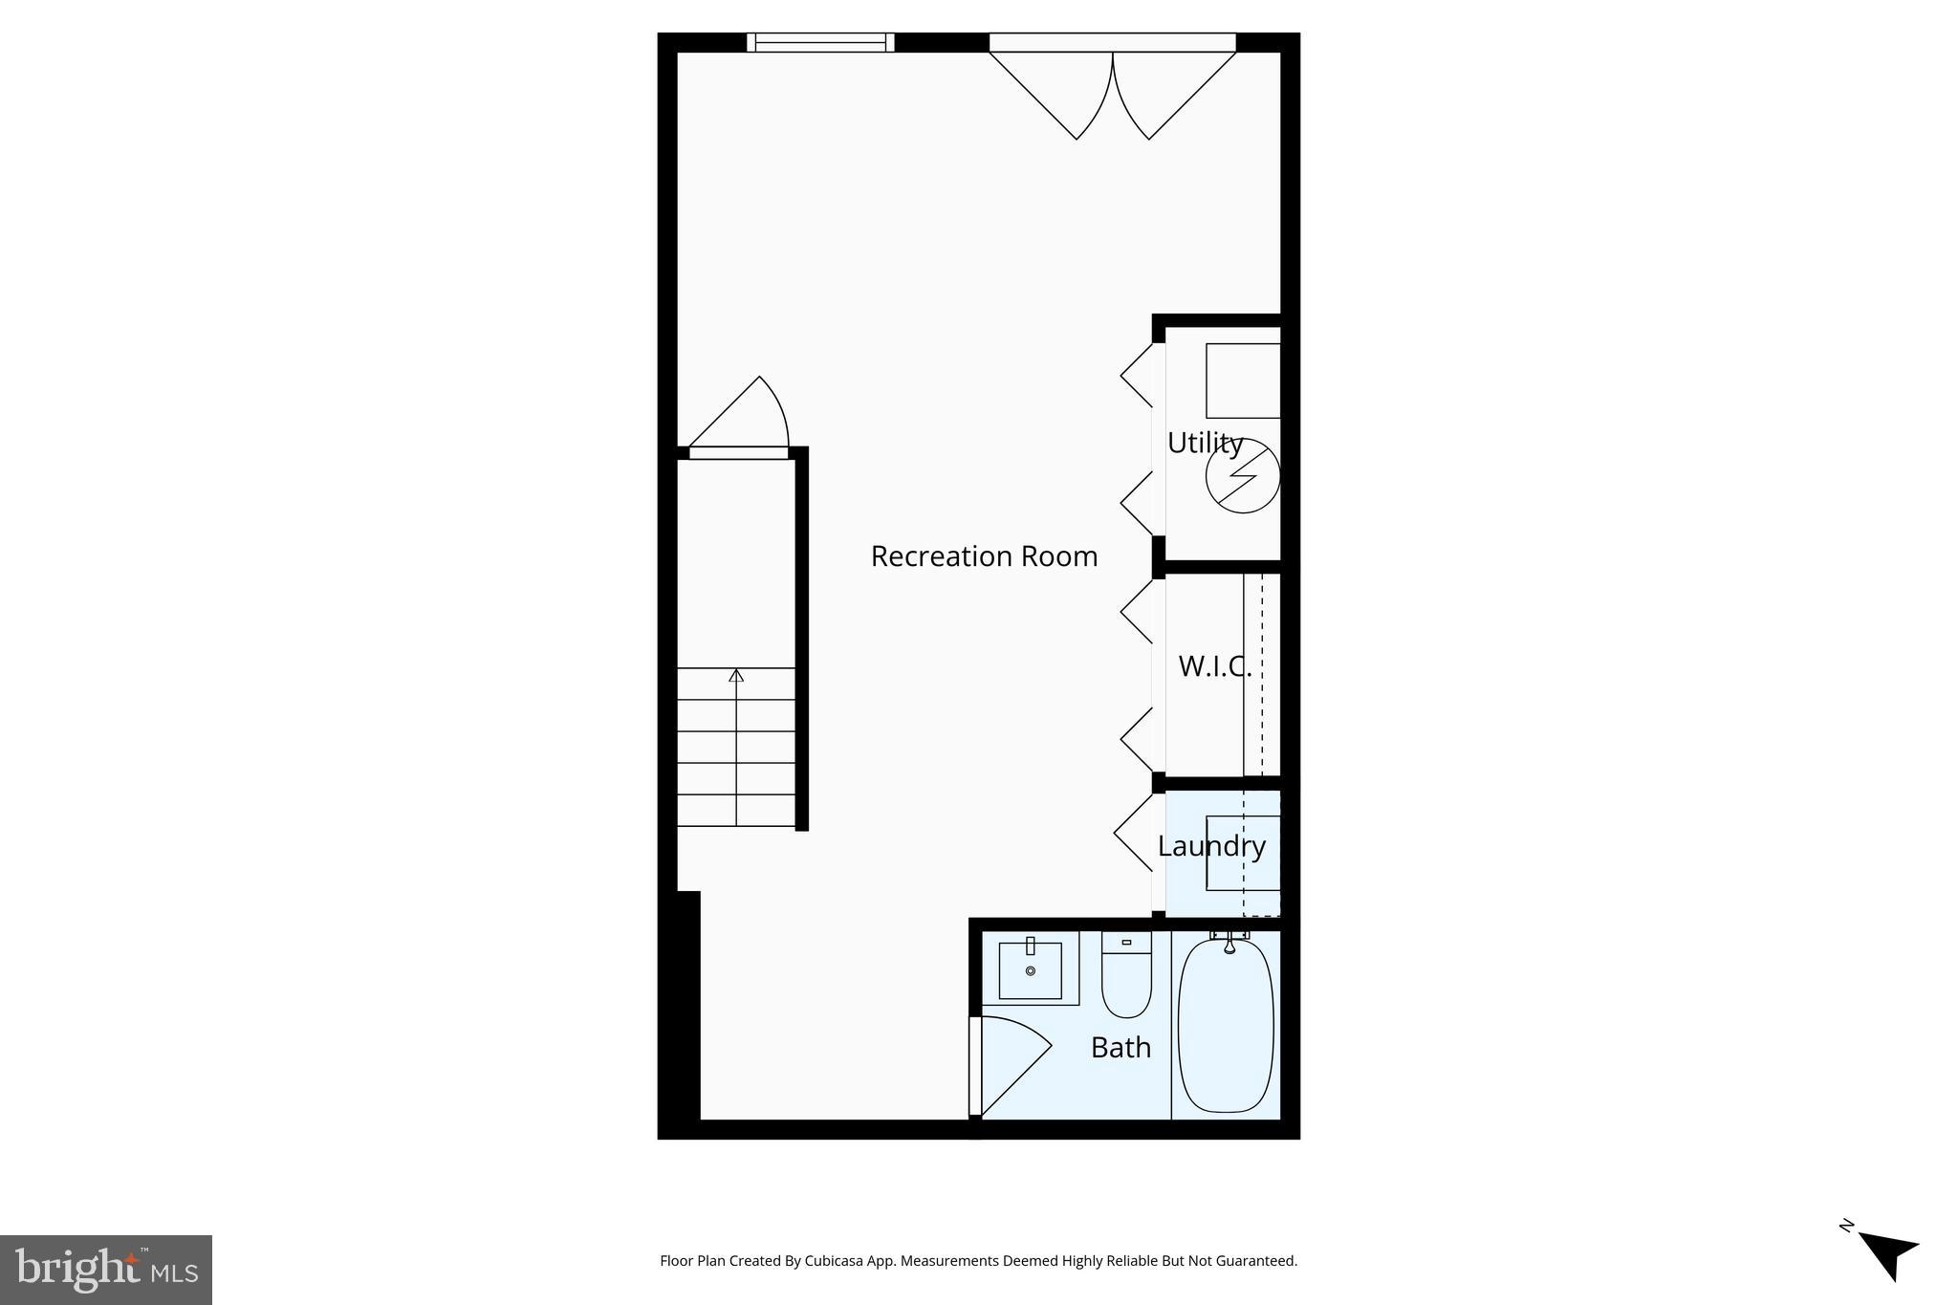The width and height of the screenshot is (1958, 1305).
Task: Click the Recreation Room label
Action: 984,556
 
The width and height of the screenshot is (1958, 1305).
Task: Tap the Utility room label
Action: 1205,444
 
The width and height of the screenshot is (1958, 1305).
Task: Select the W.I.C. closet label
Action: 1214,666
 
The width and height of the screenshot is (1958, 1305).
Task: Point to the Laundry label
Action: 1211,846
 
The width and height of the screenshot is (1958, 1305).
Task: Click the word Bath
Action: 1120,1048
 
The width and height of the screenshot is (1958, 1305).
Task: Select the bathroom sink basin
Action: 1030,970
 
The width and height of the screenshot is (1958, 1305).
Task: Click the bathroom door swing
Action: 1011,1061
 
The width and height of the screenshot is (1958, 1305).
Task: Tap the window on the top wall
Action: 820,42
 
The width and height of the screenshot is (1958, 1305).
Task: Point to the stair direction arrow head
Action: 736,676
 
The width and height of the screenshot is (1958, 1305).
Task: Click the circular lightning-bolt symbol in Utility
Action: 1242,475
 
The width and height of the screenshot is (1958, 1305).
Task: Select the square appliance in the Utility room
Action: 1242,381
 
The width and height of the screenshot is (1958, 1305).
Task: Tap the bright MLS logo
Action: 106,1270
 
